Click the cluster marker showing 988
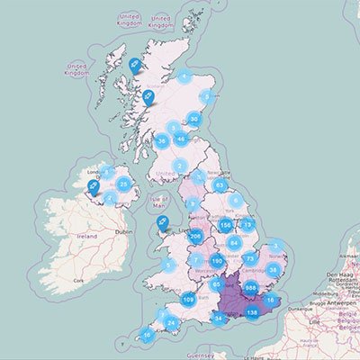(252, 289)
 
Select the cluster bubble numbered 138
(253, 312)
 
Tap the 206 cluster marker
(194, 238)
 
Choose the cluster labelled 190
(217, 260)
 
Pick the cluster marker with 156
(226, 225)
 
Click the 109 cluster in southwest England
(188, 299)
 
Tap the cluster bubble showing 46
(181, 139)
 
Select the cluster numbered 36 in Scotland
(162, 140)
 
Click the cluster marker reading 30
(193, 119)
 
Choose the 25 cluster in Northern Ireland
(125, 184)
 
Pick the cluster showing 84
(235, 242)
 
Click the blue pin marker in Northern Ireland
(92, 187)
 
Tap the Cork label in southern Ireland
(78, 281)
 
